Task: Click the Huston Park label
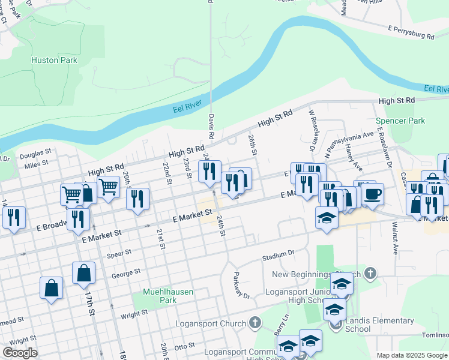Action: pos(55,61)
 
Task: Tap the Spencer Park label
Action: pos(400,121)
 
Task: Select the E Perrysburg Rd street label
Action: pos(411,32)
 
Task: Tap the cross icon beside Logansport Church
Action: pos(255,323)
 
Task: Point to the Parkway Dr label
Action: pos(241,287)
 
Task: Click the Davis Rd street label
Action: pos(212,126)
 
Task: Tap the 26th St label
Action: pos(253,146)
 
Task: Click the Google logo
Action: pos(20,353)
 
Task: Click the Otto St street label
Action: pos(184,346)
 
